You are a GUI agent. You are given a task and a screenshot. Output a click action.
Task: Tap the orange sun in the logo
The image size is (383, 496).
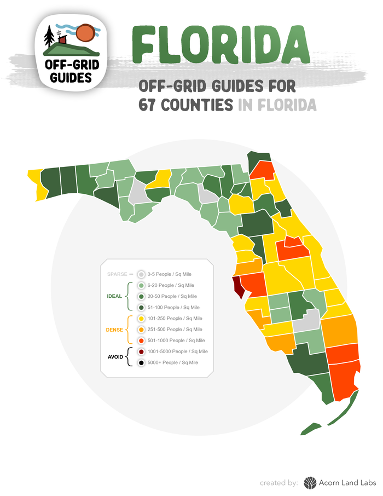(85, 33)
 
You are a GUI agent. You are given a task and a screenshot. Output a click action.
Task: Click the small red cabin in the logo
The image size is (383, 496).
(63, 40)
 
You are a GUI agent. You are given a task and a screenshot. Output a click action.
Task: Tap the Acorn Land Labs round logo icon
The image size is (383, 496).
(310, 482)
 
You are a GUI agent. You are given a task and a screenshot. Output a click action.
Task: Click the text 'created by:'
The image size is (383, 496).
(279, 483)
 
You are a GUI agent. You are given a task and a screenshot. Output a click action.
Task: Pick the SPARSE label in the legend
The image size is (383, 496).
(117, 274)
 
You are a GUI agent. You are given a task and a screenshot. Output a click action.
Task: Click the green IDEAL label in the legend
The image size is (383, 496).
(114, 296)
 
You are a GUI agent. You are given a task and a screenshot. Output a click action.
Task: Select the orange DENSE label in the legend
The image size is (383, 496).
(114, 330)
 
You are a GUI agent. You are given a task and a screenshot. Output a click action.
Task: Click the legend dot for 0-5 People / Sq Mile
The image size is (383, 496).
(142, 274)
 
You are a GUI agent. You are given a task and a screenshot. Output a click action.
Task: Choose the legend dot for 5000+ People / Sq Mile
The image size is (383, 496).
(142, 362)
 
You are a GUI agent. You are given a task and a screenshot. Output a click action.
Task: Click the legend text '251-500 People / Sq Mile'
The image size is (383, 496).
(175, 330)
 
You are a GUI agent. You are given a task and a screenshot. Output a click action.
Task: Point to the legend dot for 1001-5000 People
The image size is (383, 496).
(142, 351)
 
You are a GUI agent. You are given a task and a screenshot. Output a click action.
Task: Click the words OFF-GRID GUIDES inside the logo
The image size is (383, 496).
(71, 71)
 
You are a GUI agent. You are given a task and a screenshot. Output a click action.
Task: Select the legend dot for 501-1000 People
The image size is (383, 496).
(142, 341)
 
